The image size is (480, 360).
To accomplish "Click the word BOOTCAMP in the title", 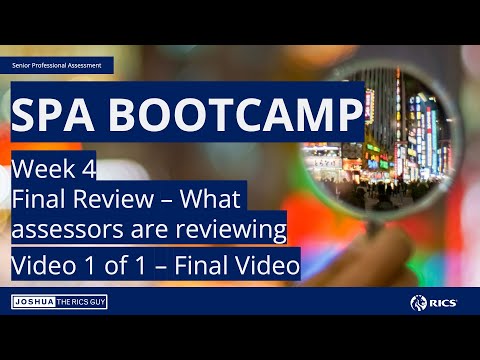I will tap(236, 117).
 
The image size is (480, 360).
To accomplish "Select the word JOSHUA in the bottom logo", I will tap(34, 302).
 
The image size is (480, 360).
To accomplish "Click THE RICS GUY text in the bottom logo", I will tap(81, 302).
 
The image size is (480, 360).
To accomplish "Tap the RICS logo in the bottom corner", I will tap(432, 302).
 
